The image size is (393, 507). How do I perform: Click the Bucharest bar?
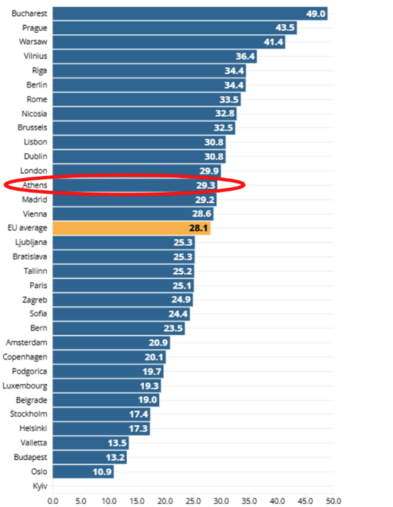tap(190, 14)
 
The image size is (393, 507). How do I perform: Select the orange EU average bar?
tap(131, 228)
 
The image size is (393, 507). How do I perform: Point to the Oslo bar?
tap(83, 472)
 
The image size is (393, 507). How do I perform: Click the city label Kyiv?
tap(39, 486)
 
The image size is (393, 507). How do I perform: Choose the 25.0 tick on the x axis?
tap(193, 500)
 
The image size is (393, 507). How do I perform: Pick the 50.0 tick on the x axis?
tap(333, 500)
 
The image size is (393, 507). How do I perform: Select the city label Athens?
tap(35, 185)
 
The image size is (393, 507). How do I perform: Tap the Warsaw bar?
tap(168, 42)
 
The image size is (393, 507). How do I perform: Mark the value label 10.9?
tap(102, 472)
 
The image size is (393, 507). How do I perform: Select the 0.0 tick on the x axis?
tap(53, 500)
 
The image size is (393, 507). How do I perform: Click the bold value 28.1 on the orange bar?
tap(199, 228)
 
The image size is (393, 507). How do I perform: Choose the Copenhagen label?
tap(25, 357)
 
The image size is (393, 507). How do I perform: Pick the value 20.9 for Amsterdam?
tap(158, 343)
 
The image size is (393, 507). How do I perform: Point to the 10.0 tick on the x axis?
tap(109, 500)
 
